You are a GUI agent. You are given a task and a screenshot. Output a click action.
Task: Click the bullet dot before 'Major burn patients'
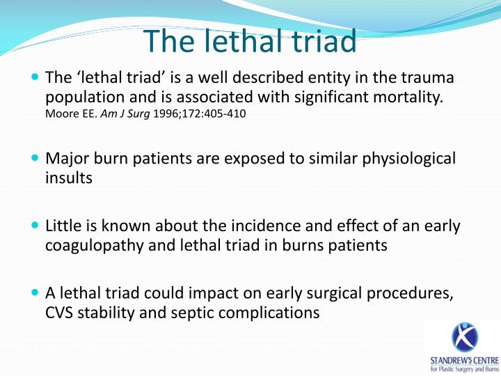tap(35, 159)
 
